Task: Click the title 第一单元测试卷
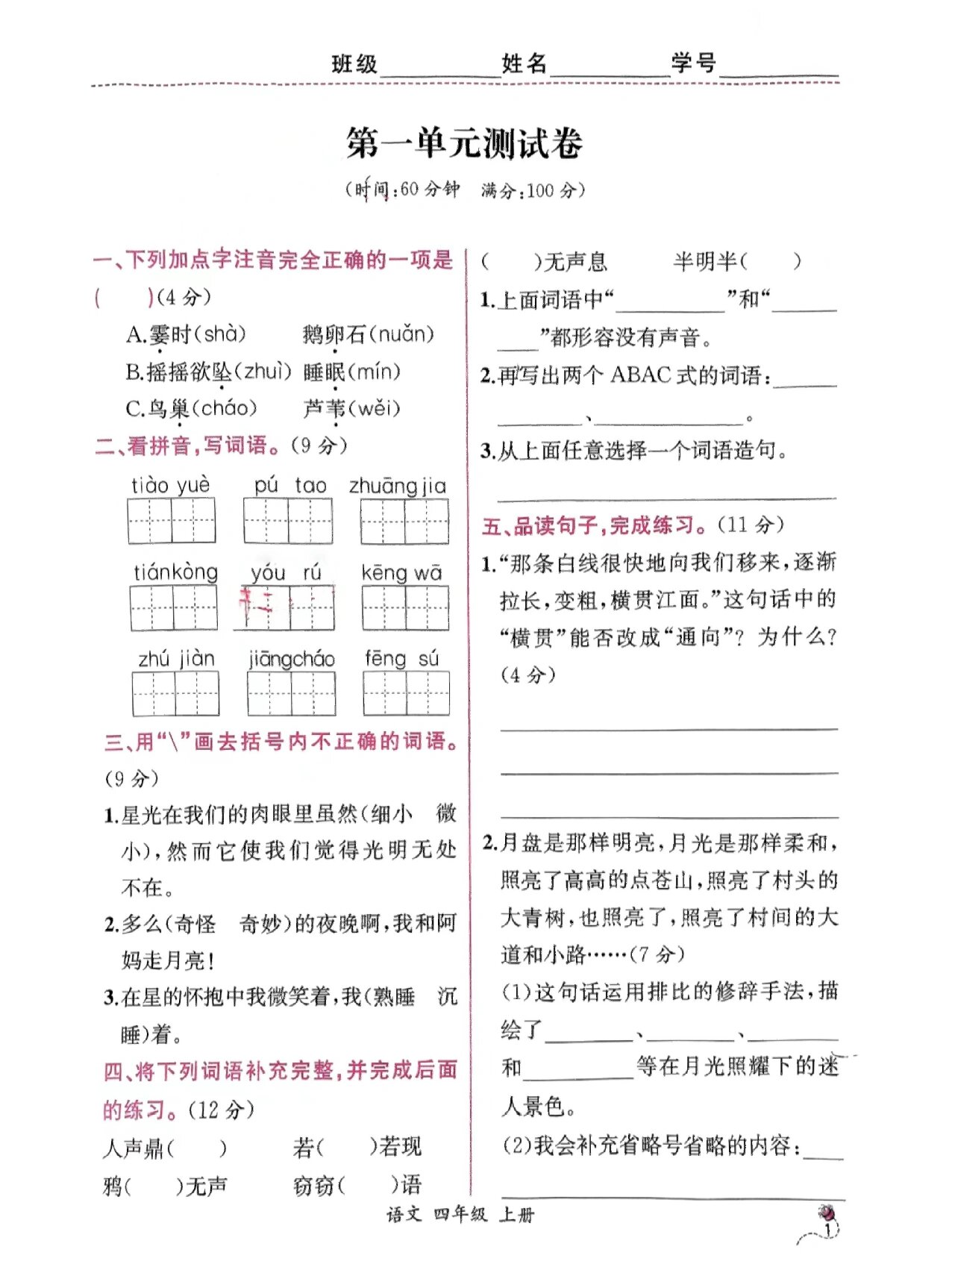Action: coord(463,143)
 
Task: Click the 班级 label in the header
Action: coord(354,64)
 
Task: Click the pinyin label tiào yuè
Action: coord(171,485)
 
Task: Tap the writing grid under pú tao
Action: coord(288,520)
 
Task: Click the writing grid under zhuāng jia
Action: coord(404,522)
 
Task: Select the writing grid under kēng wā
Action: coord(405,607)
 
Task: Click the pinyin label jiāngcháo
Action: coord(292,660)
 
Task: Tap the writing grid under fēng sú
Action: coord(406,693)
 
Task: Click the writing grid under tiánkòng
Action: coord(173,607)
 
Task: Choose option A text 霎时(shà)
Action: coord(186,334)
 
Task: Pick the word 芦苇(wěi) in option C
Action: coord(352,409)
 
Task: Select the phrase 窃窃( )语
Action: coord(357,1185)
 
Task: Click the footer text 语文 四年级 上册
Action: coord(460,1215)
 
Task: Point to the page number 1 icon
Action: coord(826,1224)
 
